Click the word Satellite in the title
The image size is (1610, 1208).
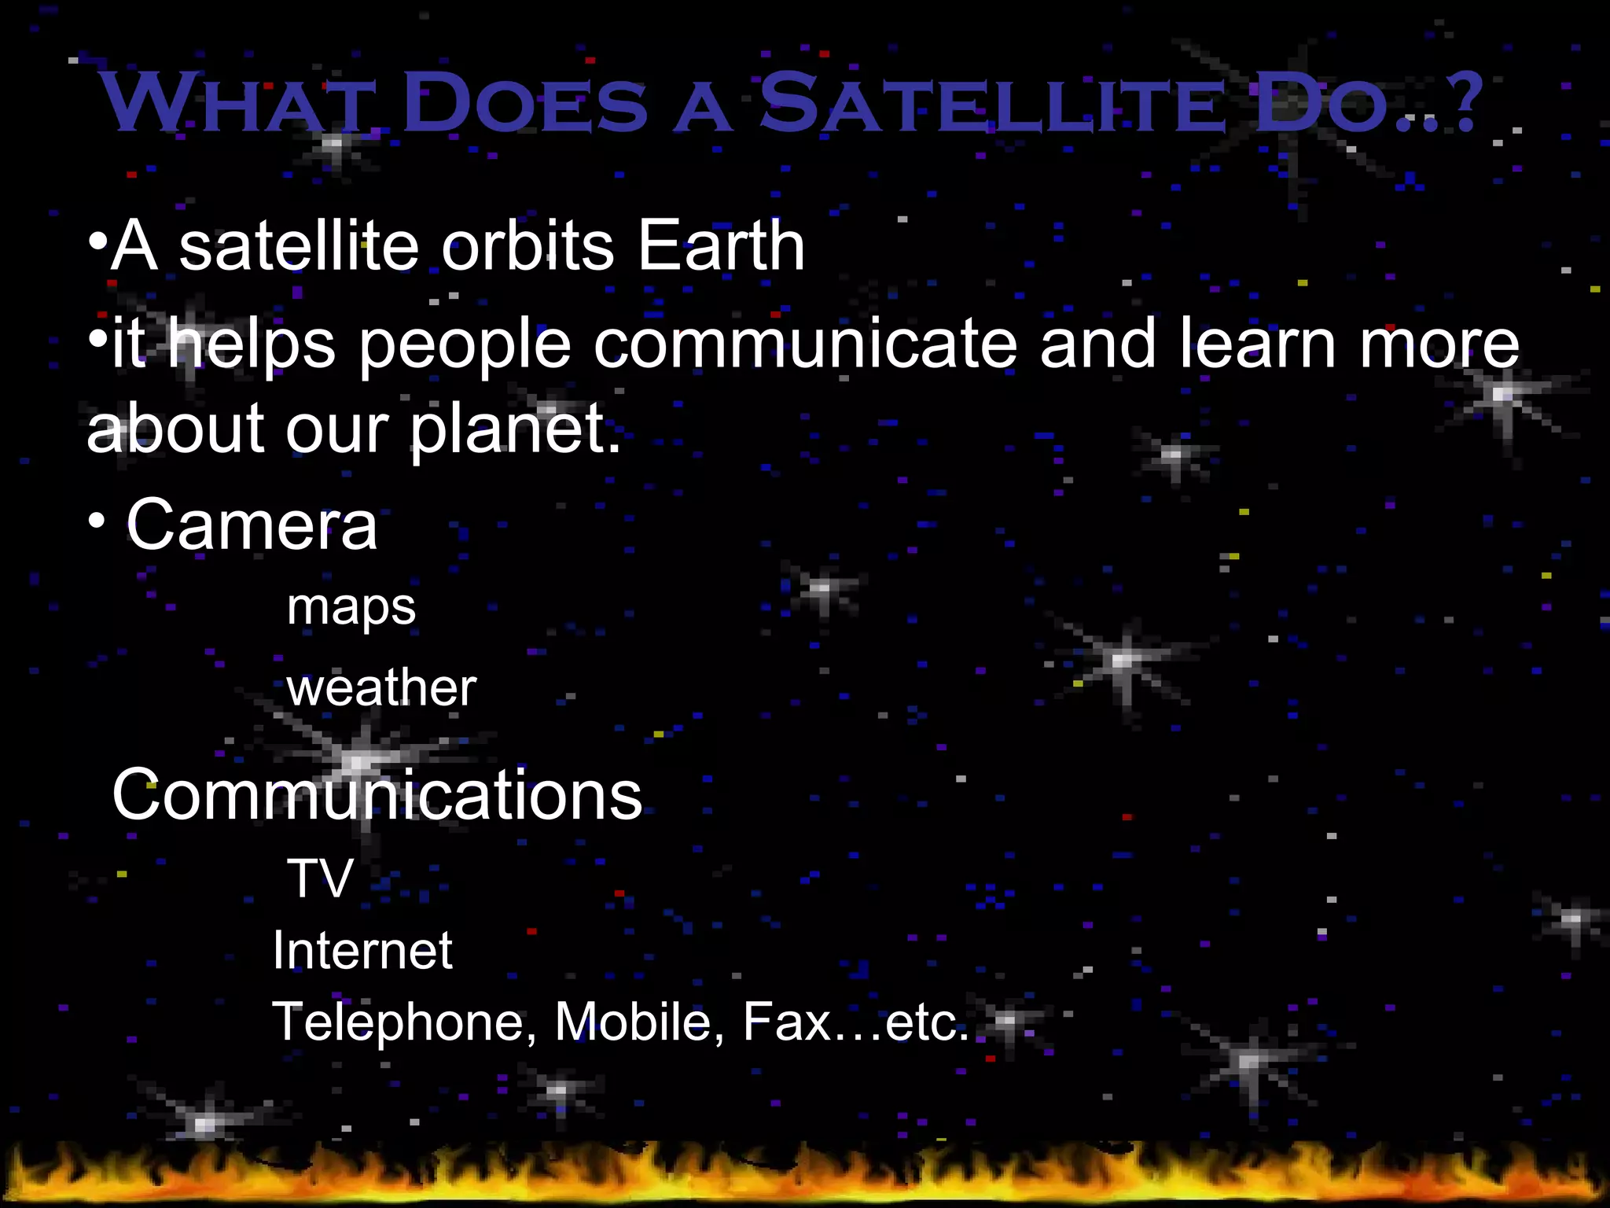[991, 104]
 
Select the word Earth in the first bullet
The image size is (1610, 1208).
[721, 246]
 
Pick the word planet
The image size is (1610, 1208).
[515, 430]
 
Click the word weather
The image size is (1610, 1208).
[381, 689]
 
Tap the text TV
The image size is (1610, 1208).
[320, 878]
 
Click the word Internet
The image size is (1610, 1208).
[362, 951]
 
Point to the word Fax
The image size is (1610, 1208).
[787, 1022]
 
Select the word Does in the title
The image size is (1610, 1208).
[525, 104]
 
